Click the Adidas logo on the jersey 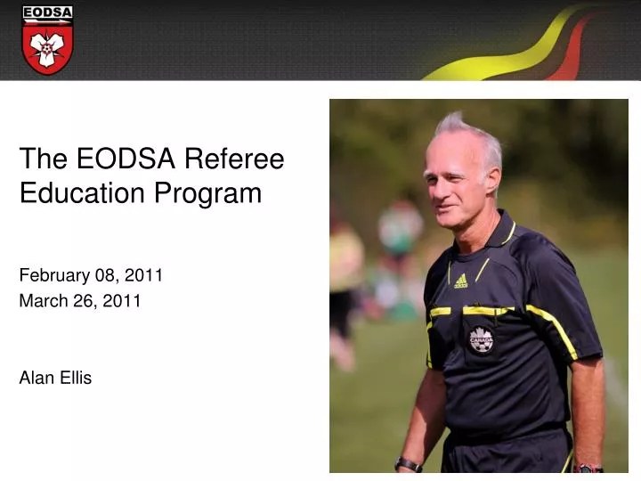(460, 281)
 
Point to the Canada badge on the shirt (482, 339)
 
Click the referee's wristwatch (409, 464)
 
